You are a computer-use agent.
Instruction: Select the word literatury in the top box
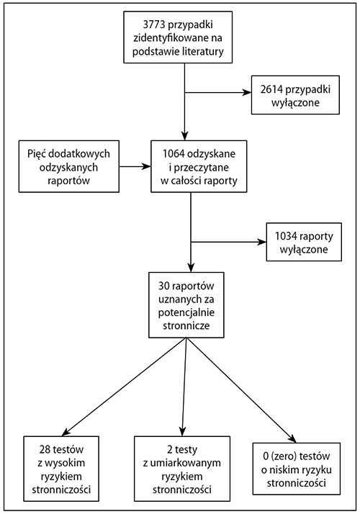pos(202,51)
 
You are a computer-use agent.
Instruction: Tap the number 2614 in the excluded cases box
pos(272,89)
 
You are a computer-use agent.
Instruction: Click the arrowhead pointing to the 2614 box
pos(247,92)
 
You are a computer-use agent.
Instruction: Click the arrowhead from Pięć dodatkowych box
pos(146,166)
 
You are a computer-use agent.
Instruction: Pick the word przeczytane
pos(202,168)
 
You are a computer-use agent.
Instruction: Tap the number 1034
pos(287,235)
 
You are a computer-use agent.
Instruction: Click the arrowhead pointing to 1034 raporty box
pos(262,242)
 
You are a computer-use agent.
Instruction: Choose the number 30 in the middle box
pos(164,286)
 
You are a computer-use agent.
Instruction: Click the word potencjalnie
pos(186,312)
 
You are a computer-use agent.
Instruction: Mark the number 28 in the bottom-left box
pos(45,449)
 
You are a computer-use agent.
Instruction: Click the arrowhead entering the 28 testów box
pos(66,431)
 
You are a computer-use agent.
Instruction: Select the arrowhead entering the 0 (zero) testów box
pos(291,438)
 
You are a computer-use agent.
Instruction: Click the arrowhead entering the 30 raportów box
pos(191,267)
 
